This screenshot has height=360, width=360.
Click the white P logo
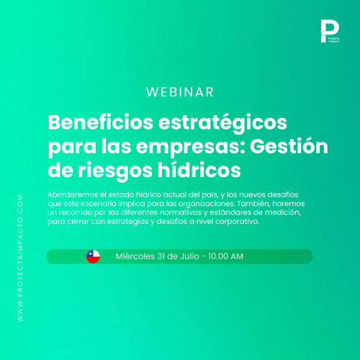click(330, 31)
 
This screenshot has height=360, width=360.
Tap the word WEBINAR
click(180, 92)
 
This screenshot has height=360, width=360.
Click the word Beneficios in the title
click(101, 122)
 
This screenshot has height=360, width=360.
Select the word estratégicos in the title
click(222, 124)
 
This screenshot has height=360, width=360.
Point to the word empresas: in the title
click(191, 148)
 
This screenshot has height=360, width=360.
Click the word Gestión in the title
click(289, 145)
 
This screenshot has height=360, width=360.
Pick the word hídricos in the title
click(199, 169)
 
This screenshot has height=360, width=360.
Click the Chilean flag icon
click(93, 256)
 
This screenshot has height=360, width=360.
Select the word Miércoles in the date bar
click(135, 256)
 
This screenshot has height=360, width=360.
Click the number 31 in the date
click(161, 256)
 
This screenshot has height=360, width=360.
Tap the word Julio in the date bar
click(189, 256)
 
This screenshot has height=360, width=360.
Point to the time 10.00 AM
click(225, 256)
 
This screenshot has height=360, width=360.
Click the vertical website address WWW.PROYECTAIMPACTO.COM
click(20, 258)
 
